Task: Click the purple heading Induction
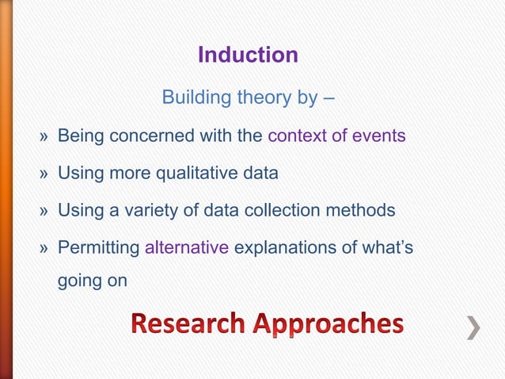click(x=248, y=55)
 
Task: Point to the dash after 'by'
click(x=328, y=99)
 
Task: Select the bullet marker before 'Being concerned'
click(x=46, y=136)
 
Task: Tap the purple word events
click(x=379, y=136)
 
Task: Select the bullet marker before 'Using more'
click(x=46, y=174)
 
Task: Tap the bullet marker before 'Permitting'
click(x=46, y=248)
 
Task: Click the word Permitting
click(x=98, y=247)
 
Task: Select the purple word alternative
click(x=187, y=247)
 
